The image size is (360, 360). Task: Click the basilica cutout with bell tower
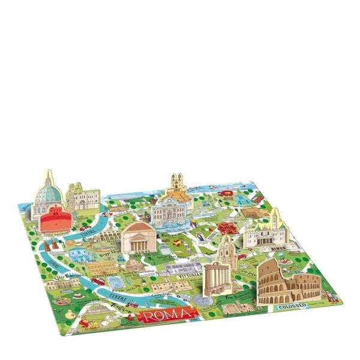[x=263, y=232]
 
